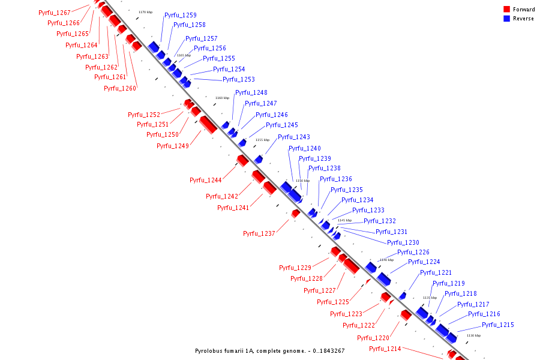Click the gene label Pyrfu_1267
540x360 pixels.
54,13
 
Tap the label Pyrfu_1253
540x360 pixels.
239,79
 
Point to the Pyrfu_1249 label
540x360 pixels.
173,146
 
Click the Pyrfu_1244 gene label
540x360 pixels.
206,180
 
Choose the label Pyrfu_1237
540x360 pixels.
259,233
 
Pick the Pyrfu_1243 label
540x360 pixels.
294,137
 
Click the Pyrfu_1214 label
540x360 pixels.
385,349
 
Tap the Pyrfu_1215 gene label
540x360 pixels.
498,325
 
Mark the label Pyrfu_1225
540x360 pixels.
334,301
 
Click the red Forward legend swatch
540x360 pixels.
506,10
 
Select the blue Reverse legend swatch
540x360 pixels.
506,19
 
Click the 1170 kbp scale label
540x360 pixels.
145,12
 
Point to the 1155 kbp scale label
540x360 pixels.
262,140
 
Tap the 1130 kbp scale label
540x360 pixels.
473,335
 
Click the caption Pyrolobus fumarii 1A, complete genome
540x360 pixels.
270,351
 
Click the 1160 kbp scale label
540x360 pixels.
222,98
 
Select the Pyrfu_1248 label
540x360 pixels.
251,92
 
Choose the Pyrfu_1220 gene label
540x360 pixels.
373,338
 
